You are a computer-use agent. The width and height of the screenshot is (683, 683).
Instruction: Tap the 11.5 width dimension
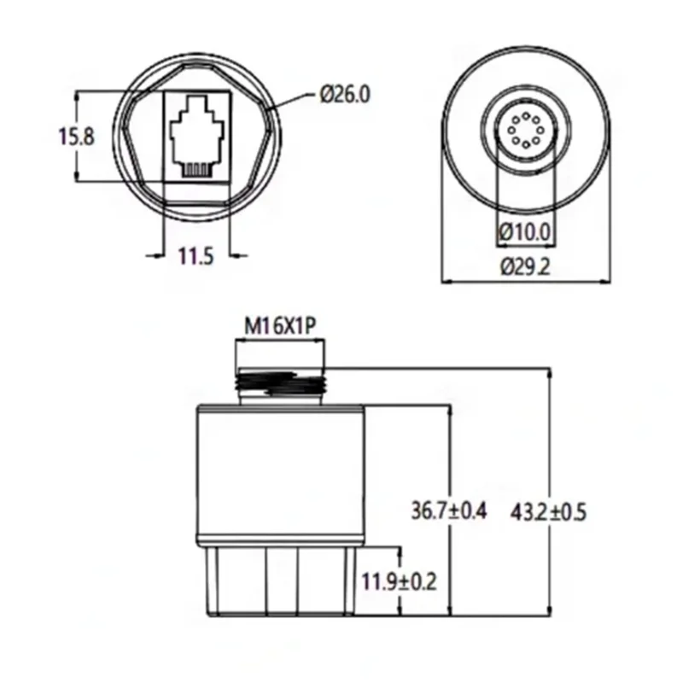196,255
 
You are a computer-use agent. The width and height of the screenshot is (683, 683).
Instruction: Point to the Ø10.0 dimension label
525,231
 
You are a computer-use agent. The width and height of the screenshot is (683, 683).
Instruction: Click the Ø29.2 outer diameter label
525,266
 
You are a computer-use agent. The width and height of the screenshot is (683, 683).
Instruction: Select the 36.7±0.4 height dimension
448,511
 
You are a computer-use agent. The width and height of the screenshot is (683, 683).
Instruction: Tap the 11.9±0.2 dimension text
399,582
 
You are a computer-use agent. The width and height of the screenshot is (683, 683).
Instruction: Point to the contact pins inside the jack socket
196,167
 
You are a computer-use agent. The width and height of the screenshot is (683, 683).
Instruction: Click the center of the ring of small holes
525,134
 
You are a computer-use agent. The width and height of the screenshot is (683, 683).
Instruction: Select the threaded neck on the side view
280,385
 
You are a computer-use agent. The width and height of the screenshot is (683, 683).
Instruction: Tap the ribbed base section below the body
280,581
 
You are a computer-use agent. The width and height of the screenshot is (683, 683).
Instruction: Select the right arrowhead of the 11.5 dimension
233,254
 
